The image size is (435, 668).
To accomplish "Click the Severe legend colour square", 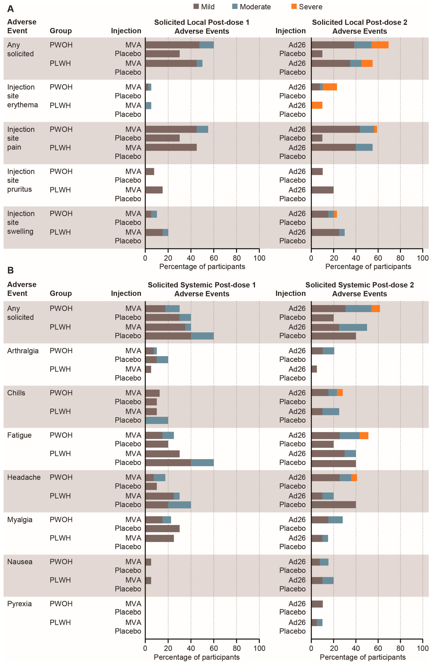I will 294,6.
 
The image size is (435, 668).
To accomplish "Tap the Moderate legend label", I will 255,7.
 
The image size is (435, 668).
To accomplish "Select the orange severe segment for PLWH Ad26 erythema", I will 317,105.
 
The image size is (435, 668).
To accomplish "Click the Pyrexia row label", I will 19,604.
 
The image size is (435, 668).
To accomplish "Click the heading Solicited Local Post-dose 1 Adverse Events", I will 202,27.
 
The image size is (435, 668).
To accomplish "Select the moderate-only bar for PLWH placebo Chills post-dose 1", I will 157,420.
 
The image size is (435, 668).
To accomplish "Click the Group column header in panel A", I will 61,31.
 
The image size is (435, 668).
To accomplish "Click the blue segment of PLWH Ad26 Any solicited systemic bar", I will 353,327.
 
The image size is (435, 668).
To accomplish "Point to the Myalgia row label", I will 20,520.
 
